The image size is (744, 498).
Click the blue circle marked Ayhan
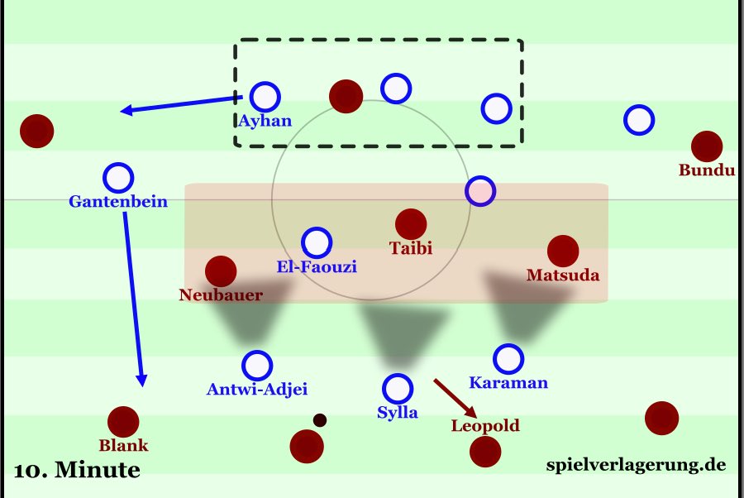click(x=265, y=97)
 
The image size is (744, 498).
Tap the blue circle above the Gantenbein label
click(x=118, y=177)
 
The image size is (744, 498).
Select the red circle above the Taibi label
click(x=411, y=223)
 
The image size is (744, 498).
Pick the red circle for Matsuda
click(x=562, y=250)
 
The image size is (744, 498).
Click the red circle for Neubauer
click(x=221, y=271)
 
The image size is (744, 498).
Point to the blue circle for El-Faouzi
click(x=317, y=242)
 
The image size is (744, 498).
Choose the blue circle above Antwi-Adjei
click(x=257, y=365)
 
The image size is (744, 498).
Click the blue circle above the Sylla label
click(x=398, y=387)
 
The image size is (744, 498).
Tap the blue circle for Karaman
click(x=508, y=359)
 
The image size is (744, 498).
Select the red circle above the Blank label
click(x=123, y=421)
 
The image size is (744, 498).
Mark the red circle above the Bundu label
click(x=706, y=146)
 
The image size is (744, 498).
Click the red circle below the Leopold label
click(x=484, y=452)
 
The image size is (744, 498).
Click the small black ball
click(x=320, y=420)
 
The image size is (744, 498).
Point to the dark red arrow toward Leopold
click(x=454, y=398)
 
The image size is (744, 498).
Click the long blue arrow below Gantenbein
click(x=135, y=298)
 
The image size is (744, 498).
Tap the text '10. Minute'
click(x=77, y=472)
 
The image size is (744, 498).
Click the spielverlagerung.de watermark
click(x=636, y=465)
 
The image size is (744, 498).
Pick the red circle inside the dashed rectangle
click(x=346, y=96)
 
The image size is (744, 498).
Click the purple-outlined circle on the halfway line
click(x=480, y=191)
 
